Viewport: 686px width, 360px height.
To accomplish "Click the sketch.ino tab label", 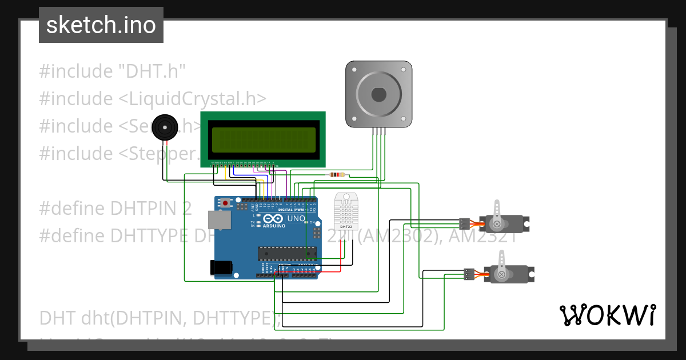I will pyautogui.click(x=101, y=25).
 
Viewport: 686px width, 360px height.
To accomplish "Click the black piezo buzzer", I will pyautogui.click(x=164, y=127).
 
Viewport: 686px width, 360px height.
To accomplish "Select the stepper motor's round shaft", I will pyautogui.click(x=378, y=94).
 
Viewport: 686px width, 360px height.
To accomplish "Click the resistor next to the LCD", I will pyautogui.click(x=337, y=175).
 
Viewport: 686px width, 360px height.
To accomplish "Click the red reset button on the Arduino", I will pyautogui.click(x=226, y=203).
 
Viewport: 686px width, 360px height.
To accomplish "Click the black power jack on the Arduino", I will pyautogui.click(x=221, y=267).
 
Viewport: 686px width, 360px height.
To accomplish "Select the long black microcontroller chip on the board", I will pyautogui.click(x=286, y=253).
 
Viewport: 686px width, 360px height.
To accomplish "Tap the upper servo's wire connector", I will pyautogui.click(x=465, y=223).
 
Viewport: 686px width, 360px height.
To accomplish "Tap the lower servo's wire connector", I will pyautogui.click(x=469, y=274).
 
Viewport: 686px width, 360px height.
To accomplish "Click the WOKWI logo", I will pyautogui.click(x=607, y=315).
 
